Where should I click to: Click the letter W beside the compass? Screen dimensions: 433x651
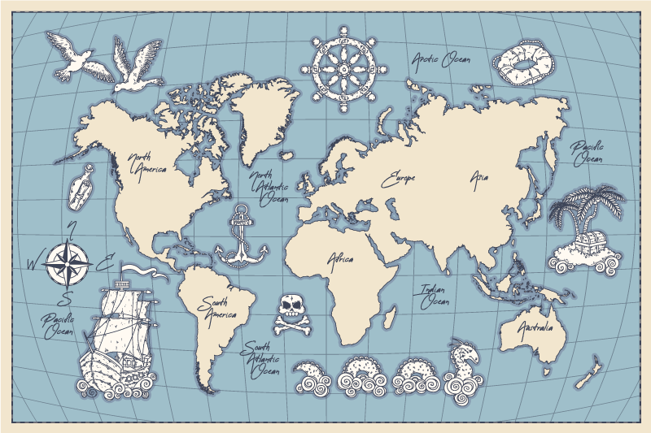click(x=33, y=262)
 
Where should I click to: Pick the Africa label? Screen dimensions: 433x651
click(x=340, y=259)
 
